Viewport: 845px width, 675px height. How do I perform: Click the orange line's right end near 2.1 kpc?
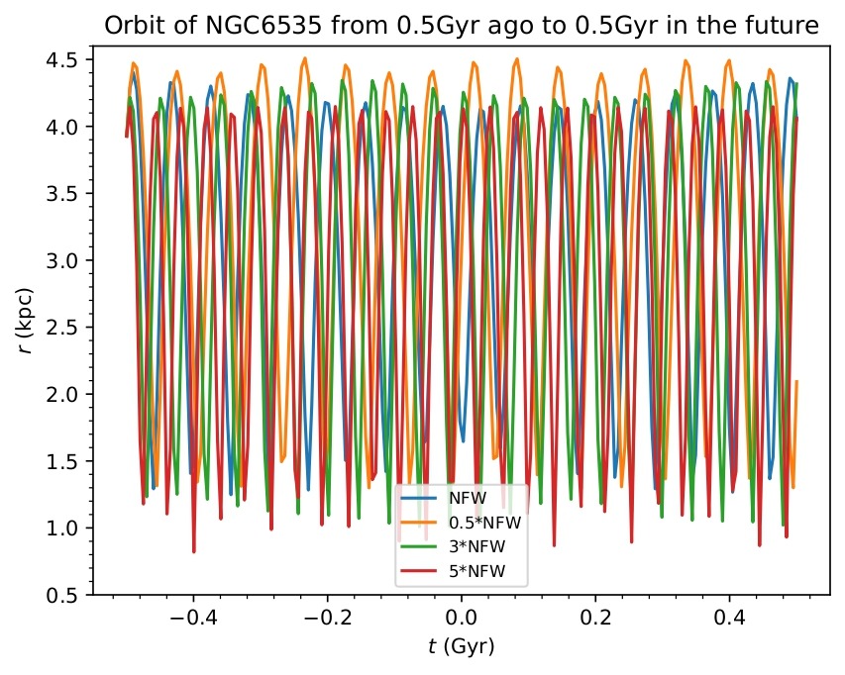[796, 381]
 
